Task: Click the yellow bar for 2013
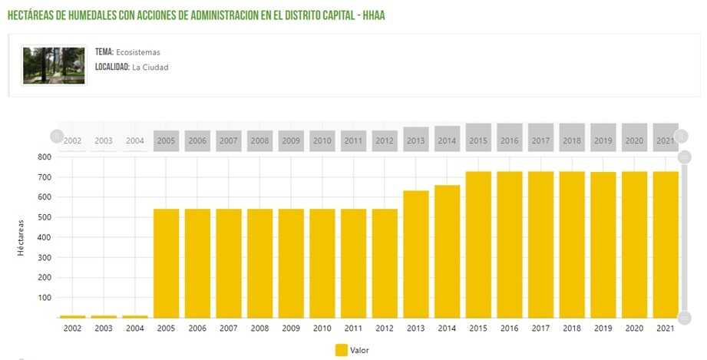point(416,253)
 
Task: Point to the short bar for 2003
point(104,316)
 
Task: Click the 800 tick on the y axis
point(44,157)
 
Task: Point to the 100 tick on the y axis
point(44,298)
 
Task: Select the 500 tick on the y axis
point(44,217)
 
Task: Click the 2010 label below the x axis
point(322,329)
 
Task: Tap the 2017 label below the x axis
point(540,329)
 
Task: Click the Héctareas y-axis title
point(21,237)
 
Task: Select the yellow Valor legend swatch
point(342,350)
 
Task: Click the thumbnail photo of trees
point(54,65)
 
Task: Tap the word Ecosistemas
point(138,52)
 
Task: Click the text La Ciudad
point(150,68)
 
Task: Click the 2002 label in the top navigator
point(73,141)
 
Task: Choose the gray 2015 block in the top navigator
point(478,137)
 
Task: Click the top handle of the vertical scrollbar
point(685,157)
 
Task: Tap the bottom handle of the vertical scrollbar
point(685,318)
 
